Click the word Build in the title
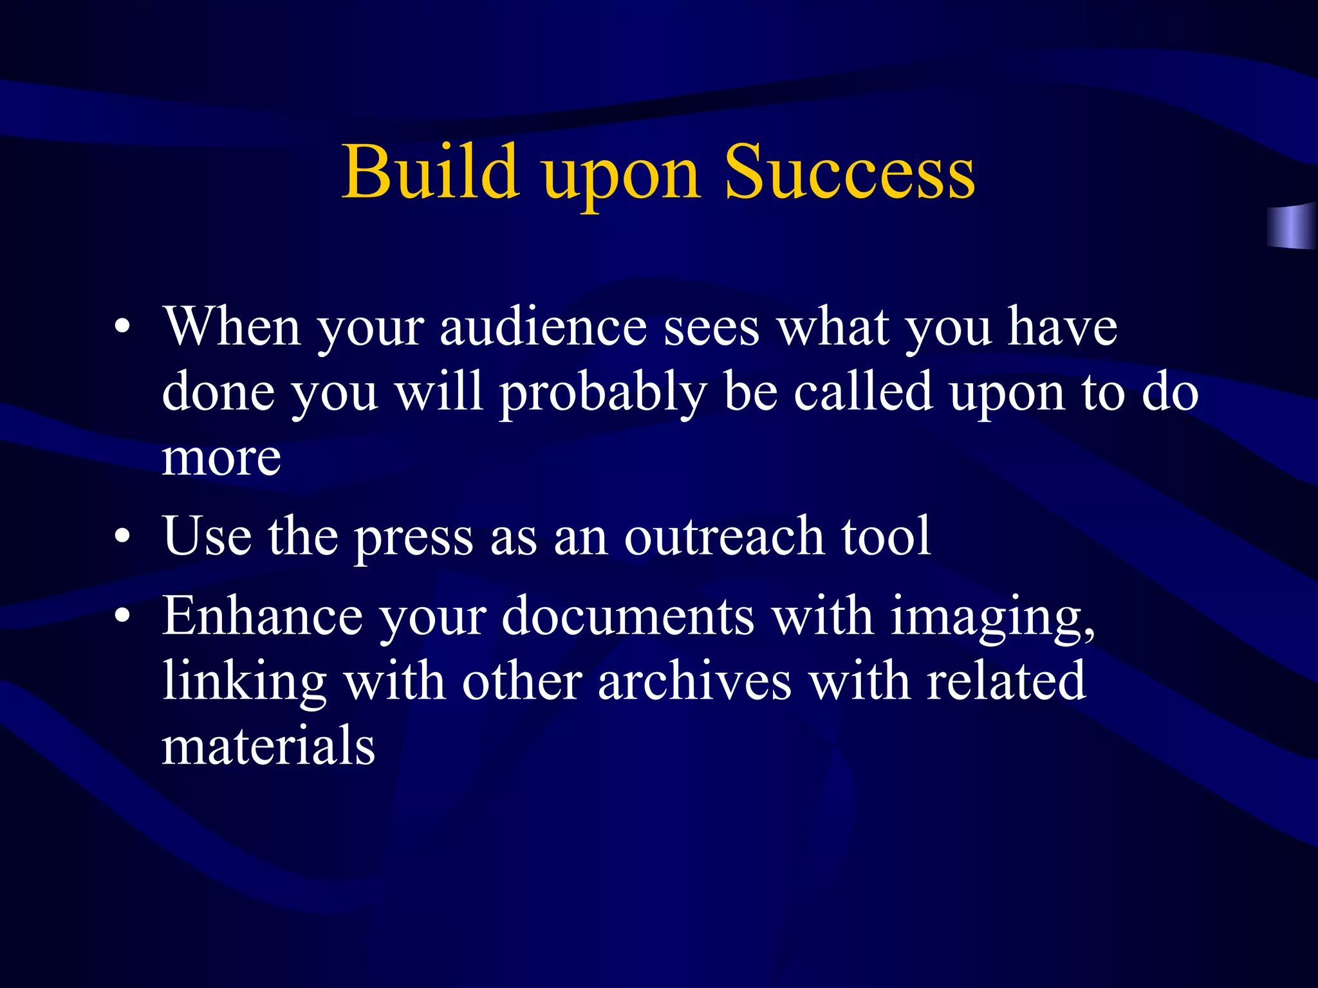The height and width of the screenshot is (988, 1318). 430,172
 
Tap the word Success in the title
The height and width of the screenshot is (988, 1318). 849,172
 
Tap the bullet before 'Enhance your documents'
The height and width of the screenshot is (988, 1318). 122,616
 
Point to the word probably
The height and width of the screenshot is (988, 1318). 603,394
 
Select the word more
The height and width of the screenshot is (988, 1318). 221,459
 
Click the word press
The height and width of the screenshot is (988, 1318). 413,537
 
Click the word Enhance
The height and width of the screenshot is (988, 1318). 262,616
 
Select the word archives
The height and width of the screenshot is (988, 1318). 694,682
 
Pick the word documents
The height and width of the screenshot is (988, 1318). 627,616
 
